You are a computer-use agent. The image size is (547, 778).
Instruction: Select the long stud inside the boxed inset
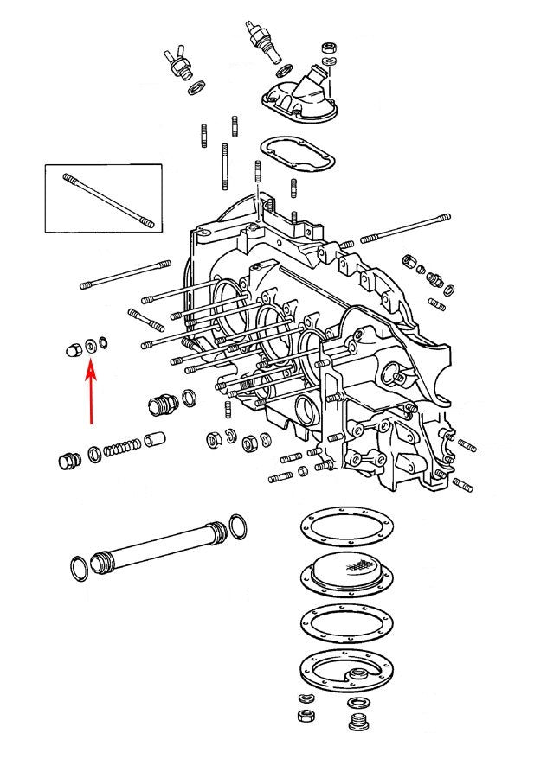[108, 201]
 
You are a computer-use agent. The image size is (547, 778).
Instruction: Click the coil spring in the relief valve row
[121, 449]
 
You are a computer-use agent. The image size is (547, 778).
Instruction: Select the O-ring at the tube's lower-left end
[78, 569]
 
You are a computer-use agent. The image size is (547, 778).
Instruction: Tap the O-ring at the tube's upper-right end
[239, 525]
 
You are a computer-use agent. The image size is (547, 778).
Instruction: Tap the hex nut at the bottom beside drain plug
[306, 717]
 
